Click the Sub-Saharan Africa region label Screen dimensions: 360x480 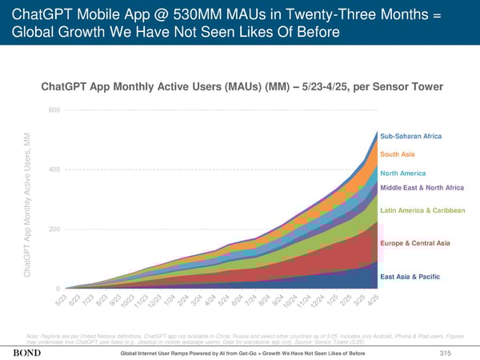tap(410, 137)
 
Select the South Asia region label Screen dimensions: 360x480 tap(397, 154)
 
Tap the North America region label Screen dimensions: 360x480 tap(402, 174)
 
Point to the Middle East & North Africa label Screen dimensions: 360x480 tap(422, 187)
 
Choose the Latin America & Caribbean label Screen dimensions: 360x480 tap(422, 210)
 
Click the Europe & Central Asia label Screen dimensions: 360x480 tap(415, 242)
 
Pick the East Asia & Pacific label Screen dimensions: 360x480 tap(409, 277)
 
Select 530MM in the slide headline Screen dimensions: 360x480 tap(169, 14)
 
